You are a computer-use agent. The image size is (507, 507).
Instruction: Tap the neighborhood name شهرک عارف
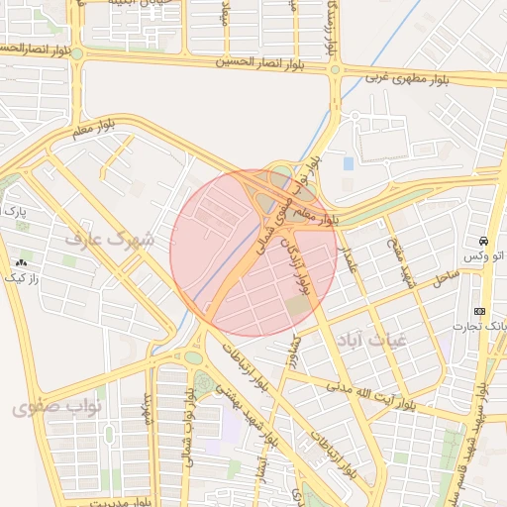110,240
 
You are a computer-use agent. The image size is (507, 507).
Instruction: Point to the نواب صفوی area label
51,406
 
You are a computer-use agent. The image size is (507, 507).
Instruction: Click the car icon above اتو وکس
482,242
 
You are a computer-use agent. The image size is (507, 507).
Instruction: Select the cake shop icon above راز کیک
21,262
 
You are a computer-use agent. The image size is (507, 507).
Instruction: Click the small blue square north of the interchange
348,162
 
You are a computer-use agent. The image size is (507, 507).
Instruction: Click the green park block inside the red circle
297,308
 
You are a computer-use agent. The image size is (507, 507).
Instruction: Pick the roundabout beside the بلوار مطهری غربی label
335,69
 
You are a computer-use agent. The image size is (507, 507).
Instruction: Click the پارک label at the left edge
14,211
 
